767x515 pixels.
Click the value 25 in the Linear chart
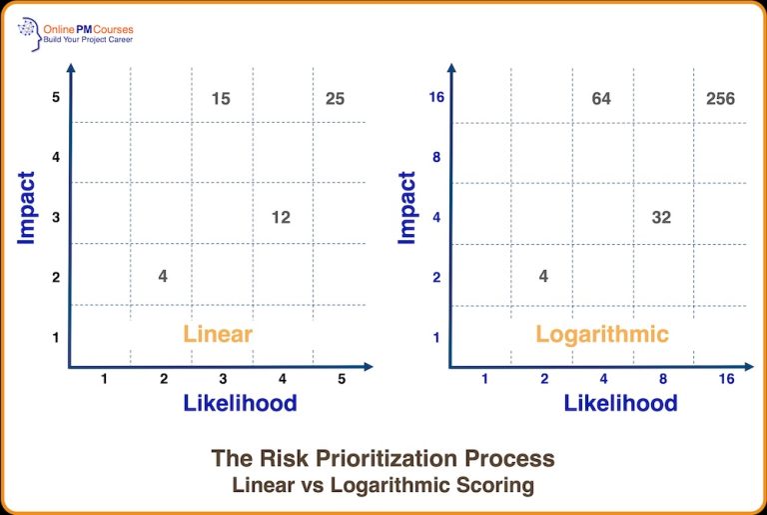[335, 98]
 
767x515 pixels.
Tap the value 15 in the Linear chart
[221, 98]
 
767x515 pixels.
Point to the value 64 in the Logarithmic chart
[601, 98]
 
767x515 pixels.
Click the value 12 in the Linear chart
[281, 217]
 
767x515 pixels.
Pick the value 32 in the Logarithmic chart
[661, 217]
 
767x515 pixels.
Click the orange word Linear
[217, 334]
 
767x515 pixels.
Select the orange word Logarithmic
[602, 334]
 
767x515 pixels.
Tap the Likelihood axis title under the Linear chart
[240, 403]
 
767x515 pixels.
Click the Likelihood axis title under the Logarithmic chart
[620, 403]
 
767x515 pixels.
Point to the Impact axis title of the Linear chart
[27, 208]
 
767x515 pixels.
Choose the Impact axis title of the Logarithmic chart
[406, 208]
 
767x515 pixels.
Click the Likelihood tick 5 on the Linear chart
[342, 379]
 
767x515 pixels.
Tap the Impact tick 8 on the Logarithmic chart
[436, 157]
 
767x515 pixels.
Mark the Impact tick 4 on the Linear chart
[56, 157]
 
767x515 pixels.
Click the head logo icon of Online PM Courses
[28, 34]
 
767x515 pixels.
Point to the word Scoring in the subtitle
[498, 485]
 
